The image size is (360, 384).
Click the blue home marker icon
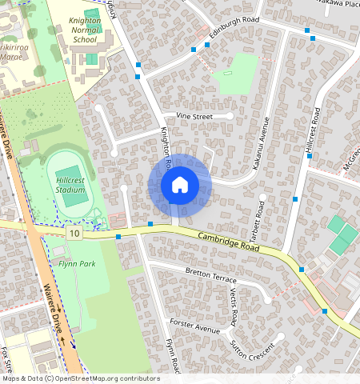point(180,185)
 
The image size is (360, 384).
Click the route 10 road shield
point(74,233)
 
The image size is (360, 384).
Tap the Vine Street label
point(194,116)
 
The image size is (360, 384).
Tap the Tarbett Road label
point(258,218)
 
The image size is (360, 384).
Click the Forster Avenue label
point(194,326)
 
